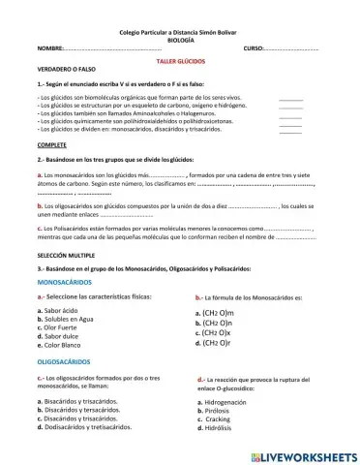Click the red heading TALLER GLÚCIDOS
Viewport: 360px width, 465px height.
coord(180,61)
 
